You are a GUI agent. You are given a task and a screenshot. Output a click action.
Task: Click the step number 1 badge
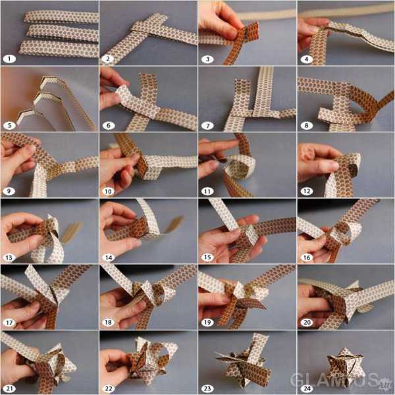coord(9,59)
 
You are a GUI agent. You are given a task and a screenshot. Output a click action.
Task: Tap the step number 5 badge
coord(9,125)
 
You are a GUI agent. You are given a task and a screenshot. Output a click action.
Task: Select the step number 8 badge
coord(307,125)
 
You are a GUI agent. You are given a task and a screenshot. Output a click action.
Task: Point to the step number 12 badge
coord(307,191)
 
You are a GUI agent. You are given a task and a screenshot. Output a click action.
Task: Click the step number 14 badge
coord(109,257)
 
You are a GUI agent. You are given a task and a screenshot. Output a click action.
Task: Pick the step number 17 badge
coord(9,323)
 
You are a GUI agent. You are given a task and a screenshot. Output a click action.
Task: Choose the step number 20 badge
coord(307,323)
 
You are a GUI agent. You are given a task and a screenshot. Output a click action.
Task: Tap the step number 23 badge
coord(207,388)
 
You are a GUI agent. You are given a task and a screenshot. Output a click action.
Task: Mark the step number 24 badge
coord(307,388)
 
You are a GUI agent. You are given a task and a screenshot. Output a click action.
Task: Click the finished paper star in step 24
coord(344,367)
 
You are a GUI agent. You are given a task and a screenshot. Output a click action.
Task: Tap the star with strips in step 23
coord(243,363)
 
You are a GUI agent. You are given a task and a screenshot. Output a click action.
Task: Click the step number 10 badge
coord(109,191)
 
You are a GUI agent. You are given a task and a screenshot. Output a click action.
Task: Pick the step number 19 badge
coord(207,323)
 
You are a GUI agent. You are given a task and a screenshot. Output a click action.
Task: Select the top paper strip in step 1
coord(61,17)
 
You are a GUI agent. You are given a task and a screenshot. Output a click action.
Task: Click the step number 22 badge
coord(109,388)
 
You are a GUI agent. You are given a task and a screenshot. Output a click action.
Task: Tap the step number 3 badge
coord(207,59)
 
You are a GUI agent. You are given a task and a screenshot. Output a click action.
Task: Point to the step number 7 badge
coord(207,125)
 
